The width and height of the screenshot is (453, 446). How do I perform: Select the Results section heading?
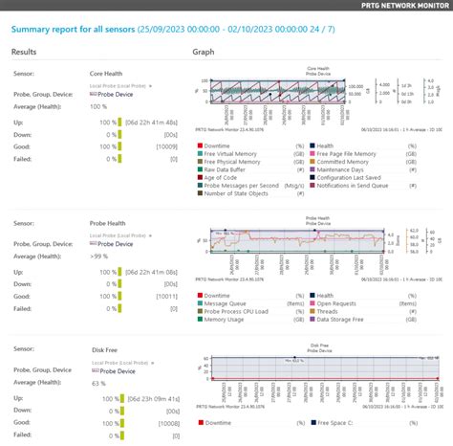[x=25, y=53]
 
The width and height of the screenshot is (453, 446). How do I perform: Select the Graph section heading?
[x=203, y=53]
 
